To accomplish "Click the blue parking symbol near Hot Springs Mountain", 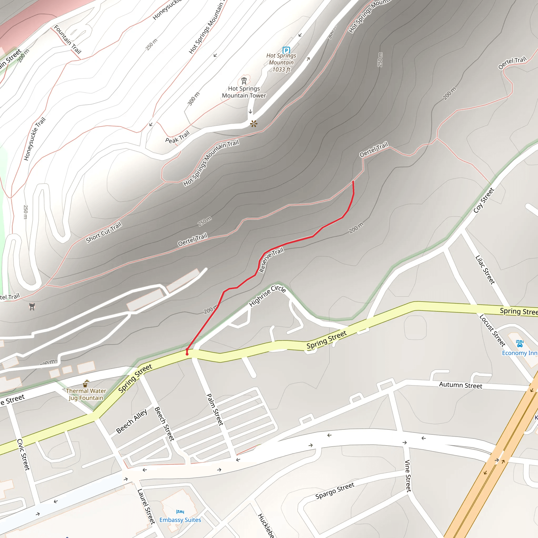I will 286,50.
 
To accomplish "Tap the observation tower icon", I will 244,81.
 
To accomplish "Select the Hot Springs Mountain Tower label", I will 244,92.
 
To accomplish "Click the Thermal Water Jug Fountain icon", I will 86,384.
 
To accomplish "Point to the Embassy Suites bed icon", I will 180,511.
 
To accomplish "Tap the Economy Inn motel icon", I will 520,343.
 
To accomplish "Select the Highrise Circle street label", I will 267,296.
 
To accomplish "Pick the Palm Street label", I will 215,409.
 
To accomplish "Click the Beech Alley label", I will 132,421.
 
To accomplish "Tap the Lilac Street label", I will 485,270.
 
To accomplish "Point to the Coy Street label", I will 484,200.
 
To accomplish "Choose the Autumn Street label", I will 461,385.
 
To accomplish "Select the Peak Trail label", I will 177,137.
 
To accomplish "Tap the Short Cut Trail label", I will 104,232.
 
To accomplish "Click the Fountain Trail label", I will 68,39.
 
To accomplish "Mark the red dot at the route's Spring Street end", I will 187,354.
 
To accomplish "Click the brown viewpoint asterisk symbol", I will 254,124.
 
